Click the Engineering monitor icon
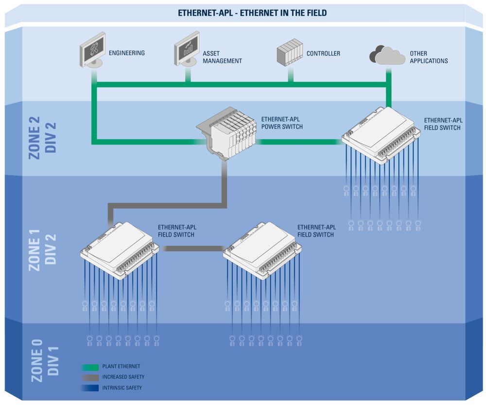click(92, 50)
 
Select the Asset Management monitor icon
click(187, 49)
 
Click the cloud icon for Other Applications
click(387, 55)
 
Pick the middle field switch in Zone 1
click(262, 249)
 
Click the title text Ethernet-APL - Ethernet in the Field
click(245, 13)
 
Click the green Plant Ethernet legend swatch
click(90, 367)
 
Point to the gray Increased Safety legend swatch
click(90, 377)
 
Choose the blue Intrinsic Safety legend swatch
click(90, 387)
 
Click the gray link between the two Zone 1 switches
click(191, 248)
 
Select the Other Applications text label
click(429, 57)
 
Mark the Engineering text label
click(126, 53)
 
